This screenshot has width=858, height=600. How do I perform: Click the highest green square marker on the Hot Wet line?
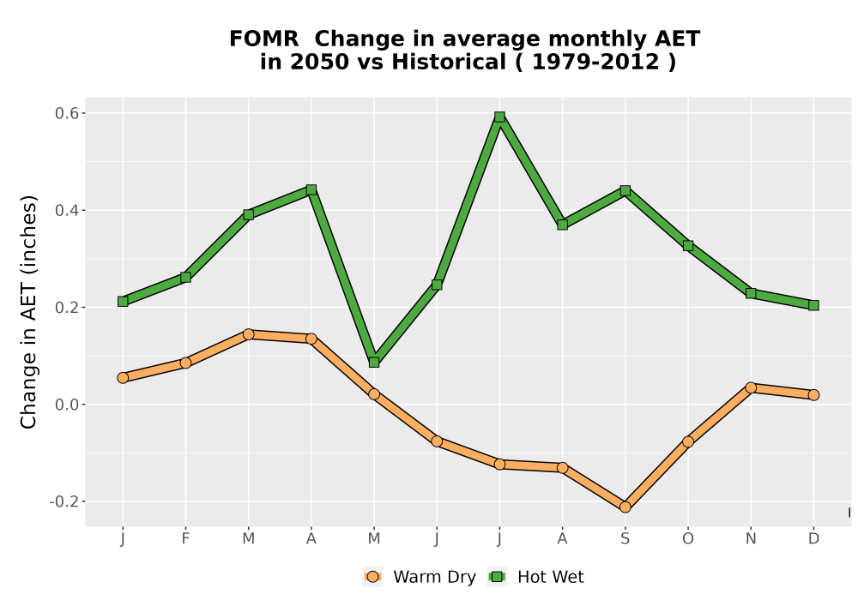[x=499, y=117]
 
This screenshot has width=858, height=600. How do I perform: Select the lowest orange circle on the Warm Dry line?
[x=625, y=507]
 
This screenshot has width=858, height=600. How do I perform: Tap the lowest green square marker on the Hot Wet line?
[x=374, y=363]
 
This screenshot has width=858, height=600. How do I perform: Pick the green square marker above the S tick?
[x=625, y=190]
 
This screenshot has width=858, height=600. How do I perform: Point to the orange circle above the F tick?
[x=185, y=363]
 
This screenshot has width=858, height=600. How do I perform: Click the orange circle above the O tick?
[x=688, y=441]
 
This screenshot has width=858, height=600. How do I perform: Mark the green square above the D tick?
[x=813, y=305]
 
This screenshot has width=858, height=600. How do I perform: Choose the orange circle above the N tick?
[x=751, y=388]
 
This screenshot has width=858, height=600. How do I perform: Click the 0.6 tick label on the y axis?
[x=67, y=113]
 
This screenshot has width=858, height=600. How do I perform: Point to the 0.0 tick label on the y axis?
[x=67, y=405]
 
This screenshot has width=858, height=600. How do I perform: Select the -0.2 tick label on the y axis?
[x=64, y=501]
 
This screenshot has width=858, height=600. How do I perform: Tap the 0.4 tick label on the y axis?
[x=67, y=210]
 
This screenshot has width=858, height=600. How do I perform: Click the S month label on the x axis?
[x=625, y=539]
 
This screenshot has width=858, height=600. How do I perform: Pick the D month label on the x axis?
[x=813, y=539]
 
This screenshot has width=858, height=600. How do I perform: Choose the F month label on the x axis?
[x=185, y=539]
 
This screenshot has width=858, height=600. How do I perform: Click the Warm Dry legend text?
[x=434, y=577]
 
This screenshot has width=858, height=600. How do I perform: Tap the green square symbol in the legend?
[x=497, y=577]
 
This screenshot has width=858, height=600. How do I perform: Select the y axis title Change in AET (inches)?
[x=28, y=312]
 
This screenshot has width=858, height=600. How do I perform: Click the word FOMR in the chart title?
[x=263, y=39]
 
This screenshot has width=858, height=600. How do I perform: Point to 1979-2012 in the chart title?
[x=595, y=62]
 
